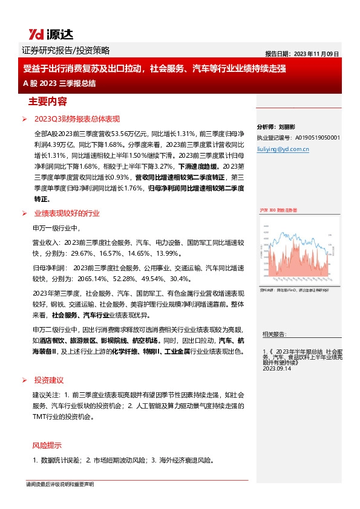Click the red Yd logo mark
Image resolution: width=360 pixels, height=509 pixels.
tap(34, 34)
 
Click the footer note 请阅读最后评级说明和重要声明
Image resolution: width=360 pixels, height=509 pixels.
tap(60, 485)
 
